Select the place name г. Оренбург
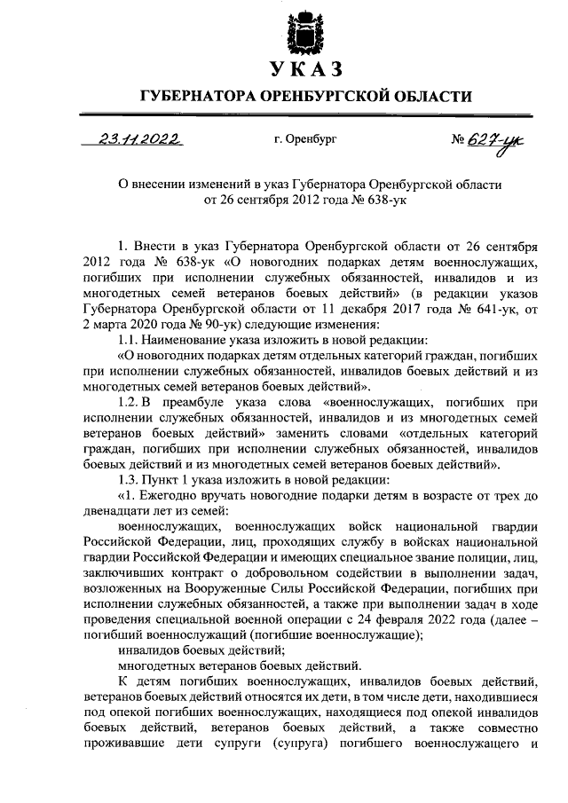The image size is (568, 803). [306, 139]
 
